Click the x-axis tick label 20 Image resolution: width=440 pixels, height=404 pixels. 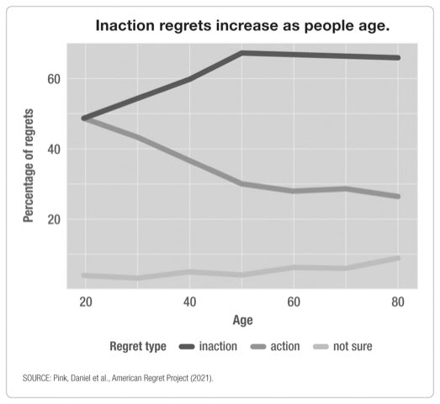[x=85, y=301]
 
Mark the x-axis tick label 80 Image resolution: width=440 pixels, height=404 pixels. [x=399, y=301]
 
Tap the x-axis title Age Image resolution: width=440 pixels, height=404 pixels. [x=241, y=321]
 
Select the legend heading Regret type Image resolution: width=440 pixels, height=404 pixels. [x=138, y=346]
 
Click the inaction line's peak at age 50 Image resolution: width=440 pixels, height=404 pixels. [x=242, y=53]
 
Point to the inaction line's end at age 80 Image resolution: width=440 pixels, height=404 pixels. [x=398, y=57]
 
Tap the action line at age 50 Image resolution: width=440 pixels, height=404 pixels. [x=242, y=183]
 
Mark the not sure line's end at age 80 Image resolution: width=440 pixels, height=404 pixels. [x=398, y=258]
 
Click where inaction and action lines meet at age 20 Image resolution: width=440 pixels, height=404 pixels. [x=85, y=118]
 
